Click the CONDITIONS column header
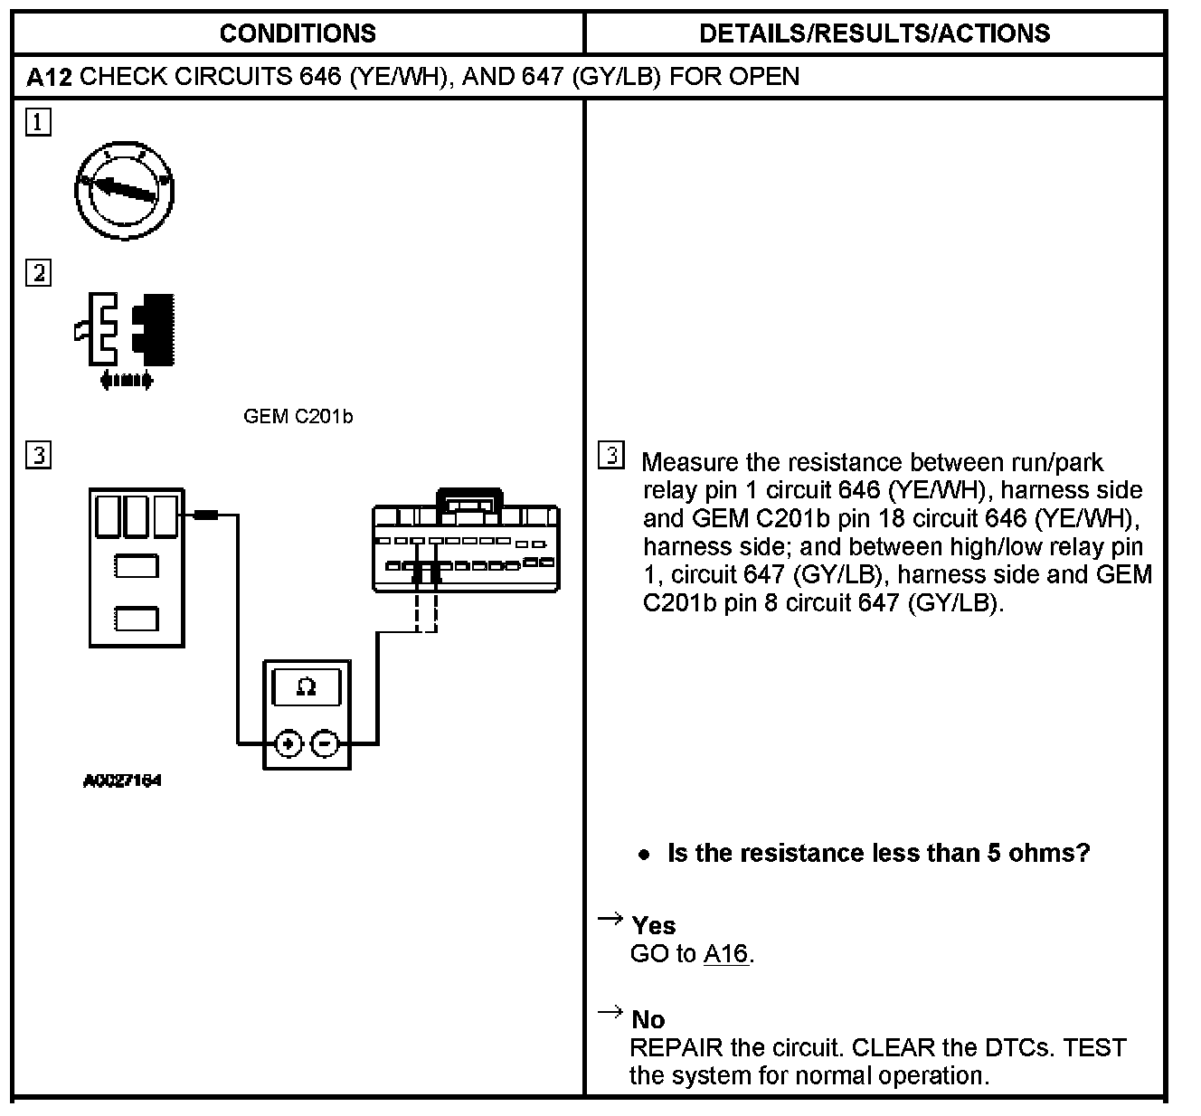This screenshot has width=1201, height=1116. (298, 33)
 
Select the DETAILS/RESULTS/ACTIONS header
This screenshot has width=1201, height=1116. (875, 33)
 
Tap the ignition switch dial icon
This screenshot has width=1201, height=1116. (124, 188)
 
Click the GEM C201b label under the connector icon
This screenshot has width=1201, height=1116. (298, 417)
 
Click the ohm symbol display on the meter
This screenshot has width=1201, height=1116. (307, 687)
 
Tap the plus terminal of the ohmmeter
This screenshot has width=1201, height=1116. (288, 743)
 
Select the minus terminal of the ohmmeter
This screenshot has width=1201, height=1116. (324, 743)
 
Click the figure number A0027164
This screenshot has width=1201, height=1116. (122, 780)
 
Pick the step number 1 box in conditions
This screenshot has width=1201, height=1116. (38, 122)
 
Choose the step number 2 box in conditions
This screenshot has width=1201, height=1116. (38, 272)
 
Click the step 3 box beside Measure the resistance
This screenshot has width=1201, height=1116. (611, 455)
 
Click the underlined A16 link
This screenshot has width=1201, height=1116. (725, 954)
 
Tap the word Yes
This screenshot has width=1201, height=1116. (653, 925)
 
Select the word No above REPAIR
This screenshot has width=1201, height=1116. (648, 1019)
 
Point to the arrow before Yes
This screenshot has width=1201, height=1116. (610, 920)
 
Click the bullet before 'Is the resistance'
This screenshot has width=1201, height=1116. (644, 854)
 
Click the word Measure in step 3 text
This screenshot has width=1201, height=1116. (690, 463)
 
